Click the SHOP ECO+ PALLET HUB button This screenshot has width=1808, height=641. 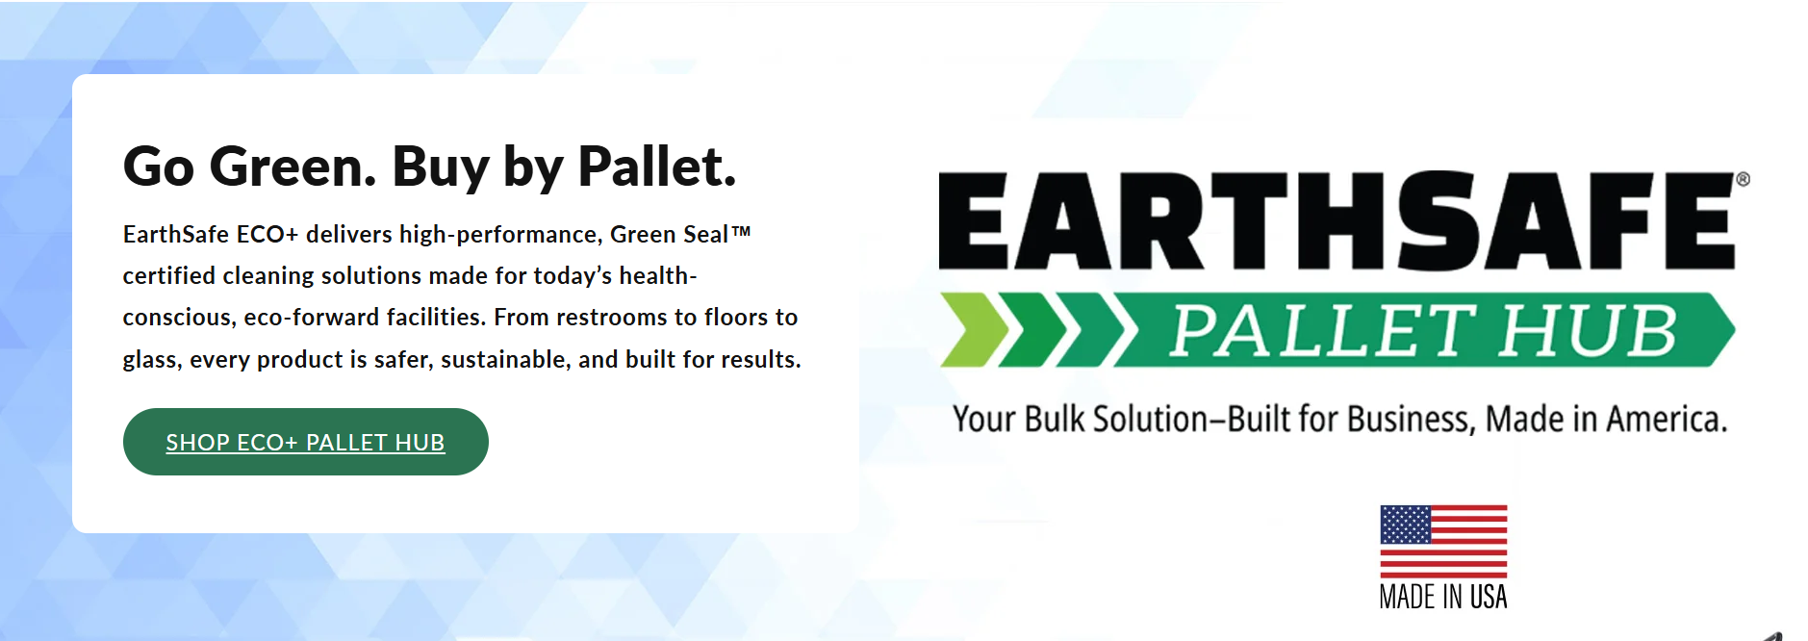pos(305,442)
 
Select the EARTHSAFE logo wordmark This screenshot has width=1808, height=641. pos(1337,220)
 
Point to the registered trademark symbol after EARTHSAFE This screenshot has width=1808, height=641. pos(1743,179)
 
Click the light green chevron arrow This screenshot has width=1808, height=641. pos(974,330)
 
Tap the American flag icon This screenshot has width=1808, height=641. pos(1443,541)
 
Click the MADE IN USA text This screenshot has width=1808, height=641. pos(1443,597)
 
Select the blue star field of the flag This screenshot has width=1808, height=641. pos(1406,525)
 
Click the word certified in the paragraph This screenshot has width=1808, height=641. pos(169,276)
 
